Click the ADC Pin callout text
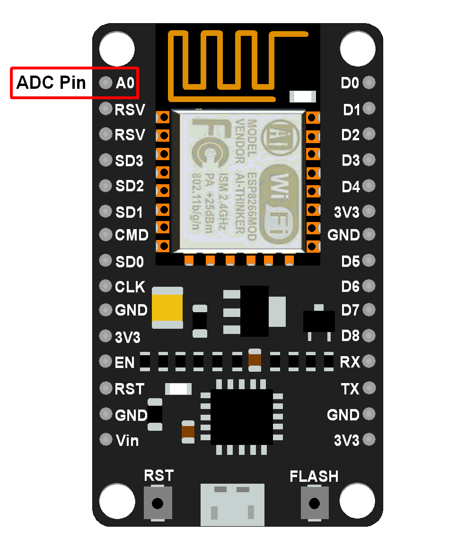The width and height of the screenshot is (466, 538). tap(51, 83)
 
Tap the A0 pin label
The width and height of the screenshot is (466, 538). tap(125, 84)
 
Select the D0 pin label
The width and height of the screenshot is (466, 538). tap(350, 84)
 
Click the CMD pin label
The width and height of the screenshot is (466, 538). tap(132, 235)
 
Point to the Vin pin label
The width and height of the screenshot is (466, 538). tap(127, 441)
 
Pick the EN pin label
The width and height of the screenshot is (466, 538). tap(125, 363)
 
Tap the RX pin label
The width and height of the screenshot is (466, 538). tap(350, 362)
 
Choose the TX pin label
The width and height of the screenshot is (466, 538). tap(350, 389)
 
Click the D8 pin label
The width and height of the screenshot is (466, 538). tap(351, 336)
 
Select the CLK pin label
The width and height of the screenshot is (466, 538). tap(130, 287)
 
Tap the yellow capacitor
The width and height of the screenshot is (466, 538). tap(167, 307)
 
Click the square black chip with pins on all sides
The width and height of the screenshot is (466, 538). tap(241, 416)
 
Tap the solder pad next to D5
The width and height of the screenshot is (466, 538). tap(369, 261)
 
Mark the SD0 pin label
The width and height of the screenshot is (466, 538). tap(129, 261)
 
